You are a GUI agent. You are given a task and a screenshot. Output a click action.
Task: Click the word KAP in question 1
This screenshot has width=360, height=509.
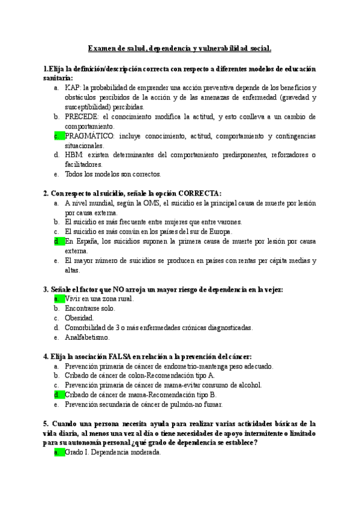click(72, 88)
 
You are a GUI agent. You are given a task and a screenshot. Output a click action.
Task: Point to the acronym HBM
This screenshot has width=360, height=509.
click(73, 155)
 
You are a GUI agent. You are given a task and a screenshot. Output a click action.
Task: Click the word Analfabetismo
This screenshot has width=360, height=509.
click(87, 337)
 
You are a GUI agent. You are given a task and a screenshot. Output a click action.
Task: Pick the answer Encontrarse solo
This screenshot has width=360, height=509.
click(90, 309)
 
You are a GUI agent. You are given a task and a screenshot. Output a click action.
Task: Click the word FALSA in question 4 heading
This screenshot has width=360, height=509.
click(122, 356)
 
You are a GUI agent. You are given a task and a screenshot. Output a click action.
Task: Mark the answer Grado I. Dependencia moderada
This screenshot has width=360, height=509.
click(112, 453)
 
